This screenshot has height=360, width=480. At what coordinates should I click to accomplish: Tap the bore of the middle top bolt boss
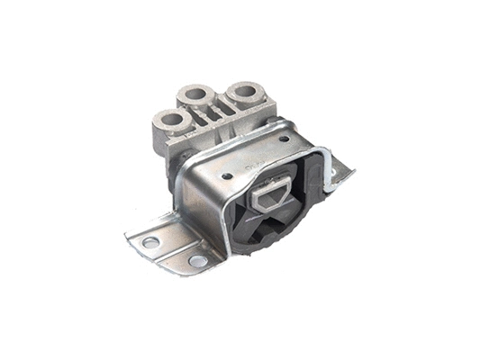click(195, 94)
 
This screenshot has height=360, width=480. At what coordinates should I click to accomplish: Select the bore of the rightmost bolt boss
click(242, 91)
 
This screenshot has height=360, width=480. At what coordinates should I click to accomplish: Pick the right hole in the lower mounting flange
click(196, 261)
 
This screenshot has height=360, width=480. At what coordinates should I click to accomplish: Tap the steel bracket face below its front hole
click(221, 207)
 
